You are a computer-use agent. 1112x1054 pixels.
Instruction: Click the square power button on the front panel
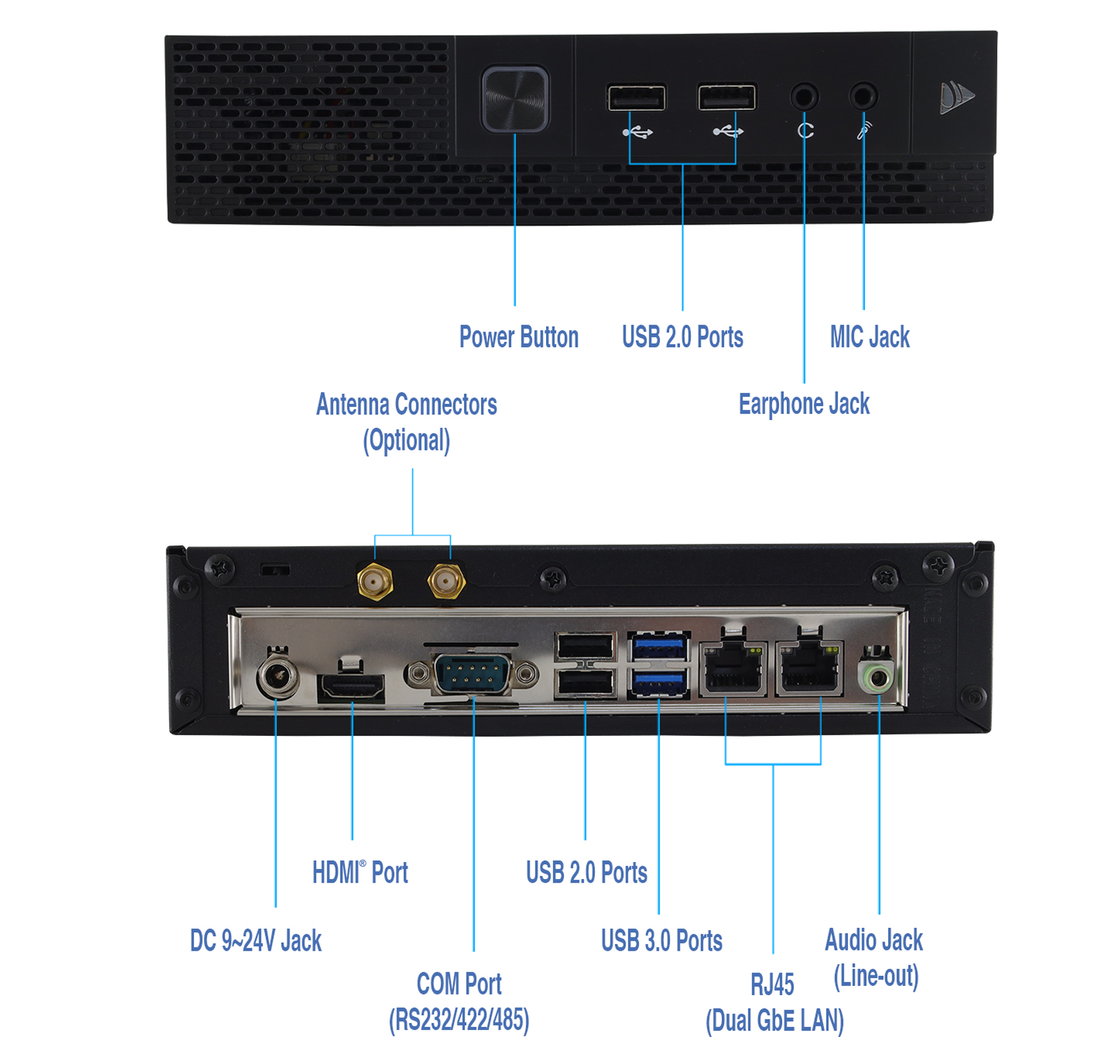tap(515, 98)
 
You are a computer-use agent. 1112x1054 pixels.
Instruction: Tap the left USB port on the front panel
tap(635, 98)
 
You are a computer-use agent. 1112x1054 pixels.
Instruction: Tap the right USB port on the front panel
tap(726, 97)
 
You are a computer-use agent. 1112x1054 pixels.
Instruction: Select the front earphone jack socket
tap(804, 96)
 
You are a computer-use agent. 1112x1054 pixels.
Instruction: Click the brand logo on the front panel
tap(955, 97)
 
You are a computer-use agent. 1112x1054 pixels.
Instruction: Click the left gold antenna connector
tap(375, 582)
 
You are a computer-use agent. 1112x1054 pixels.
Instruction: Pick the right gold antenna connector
tap(446, 582)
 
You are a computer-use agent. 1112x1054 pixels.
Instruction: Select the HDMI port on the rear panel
tap(352, 686)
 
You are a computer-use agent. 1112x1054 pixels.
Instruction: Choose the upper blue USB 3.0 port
tap(658, 647)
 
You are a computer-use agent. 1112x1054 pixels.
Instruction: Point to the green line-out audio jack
tap(878, 676)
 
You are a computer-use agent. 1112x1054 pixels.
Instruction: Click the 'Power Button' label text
tap(518, 337)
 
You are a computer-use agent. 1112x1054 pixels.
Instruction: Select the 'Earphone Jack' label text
tap(803, 404)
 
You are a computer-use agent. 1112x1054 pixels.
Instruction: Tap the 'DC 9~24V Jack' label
tap(256, 941)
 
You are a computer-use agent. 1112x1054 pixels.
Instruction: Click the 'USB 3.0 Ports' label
tap(662, 941)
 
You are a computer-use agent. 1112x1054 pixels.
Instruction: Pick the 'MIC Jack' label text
tap(869, 337)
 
